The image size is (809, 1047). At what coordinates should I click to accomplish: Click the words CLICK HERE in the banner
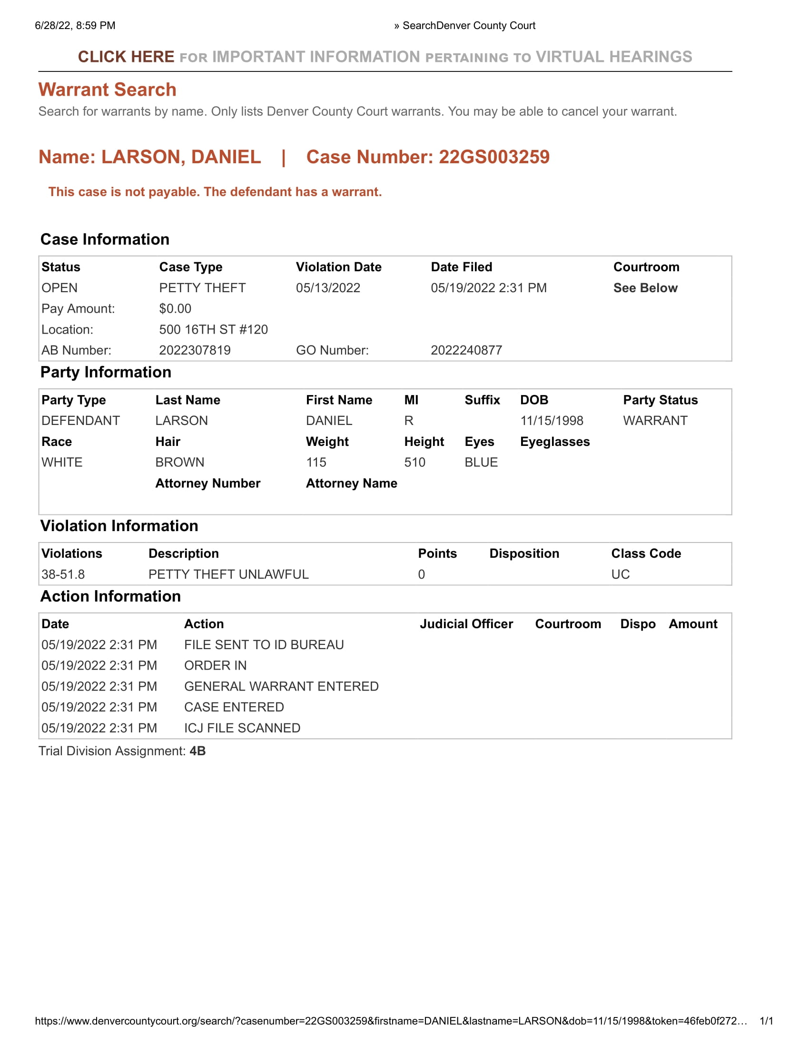coord(126,57)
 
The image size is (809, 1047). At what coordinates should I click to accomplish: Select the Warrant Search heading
coord(108,89)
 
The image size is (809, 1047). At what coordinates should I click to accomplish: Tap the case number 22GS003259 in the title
coord(493,157)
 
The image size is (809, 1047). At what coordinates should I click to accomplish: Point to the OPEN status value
coord(59,287)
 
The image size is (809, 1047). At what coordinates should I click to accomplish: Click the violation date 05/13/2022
coord(328,287)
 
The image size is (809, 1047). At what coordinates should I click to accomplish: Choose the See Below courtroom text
coord(645,287)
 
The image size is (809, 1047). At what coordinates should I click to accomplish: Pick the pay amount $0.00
coord(175,309)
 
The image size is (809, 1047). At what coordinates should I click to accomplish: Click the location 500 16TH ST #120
coord(213,329)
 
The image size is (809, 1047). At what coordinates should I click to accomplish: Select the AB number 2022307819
coord(195,350)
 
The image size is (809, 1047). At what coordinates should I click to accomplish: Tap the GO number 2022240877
coord(466,350)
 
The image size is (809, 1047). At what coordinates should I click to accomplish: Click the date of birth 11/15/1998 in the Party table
coord(552,420)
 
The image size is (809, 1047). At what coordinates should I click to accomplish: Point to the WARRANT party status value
coord(655,420)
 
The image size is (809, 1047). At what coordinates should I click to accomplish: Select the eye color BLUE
coord(481,462)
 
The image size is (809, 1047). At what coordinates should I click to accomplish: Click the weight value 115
coord(316,462)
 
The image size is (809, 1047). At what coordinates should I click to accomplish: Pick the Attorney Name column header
coord(351,483)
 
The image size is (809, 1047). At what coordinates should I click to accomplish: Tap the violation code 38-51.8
coord(63,574)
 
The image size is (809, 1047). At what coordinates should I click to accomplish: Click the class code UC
coord(620,574)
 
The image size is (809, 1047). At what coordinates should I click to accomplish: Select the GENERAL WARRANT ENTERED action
coord(281,686)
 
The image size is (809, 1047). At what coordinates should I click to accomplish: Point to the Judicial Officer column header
coord(466,624)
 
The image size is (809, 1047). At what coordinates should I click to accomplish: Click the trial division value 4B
coord(197,751)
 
